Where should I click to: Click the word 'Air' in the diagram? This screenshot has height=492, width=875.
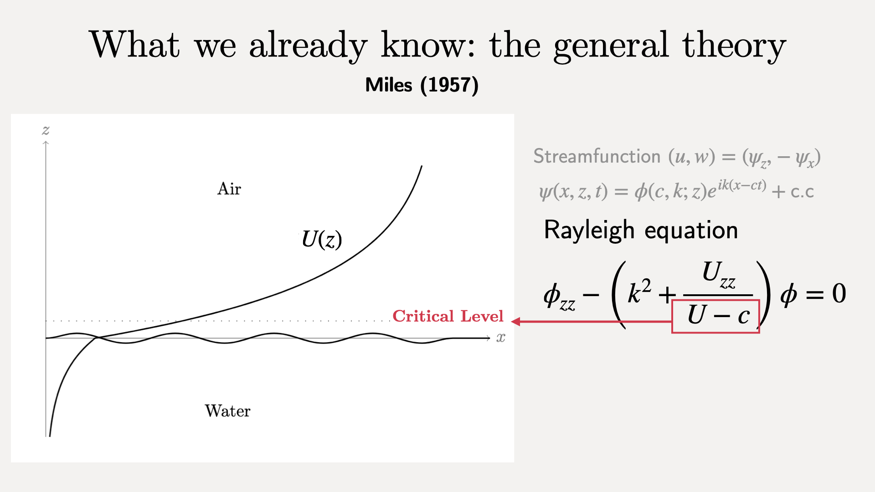229,189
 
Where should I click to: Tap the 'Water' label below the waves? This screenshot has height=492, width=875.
227,411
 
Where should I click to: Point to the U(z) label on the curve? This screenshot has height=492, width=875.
322,239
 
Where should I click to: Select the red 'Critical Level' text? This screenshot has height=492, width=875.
448,316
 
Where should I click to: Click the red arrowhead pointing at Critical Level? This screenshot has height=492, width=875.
516,322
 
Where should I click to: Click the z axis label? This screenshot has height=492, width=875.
46,131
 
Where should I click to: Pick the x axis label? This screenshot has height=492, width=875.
501,338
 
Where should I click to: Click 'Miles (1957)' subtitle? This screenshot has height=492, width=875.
422,85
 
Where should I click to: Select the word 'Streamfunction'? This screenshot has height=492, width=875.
597,156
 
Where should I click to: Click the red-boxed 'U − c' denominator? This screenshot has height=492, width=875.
715,316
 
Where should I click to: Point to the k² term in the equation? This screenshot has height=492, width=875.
639,292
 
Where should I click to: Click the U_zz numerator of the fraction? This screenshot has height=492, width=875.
719,275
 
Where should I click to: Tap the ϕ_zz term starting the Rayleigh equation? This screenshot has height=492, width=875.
560,297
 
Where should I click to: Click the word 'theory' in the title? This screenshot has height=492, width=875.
734,46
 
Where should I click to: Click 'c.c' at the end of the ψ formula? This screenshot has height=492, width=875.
802,192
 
